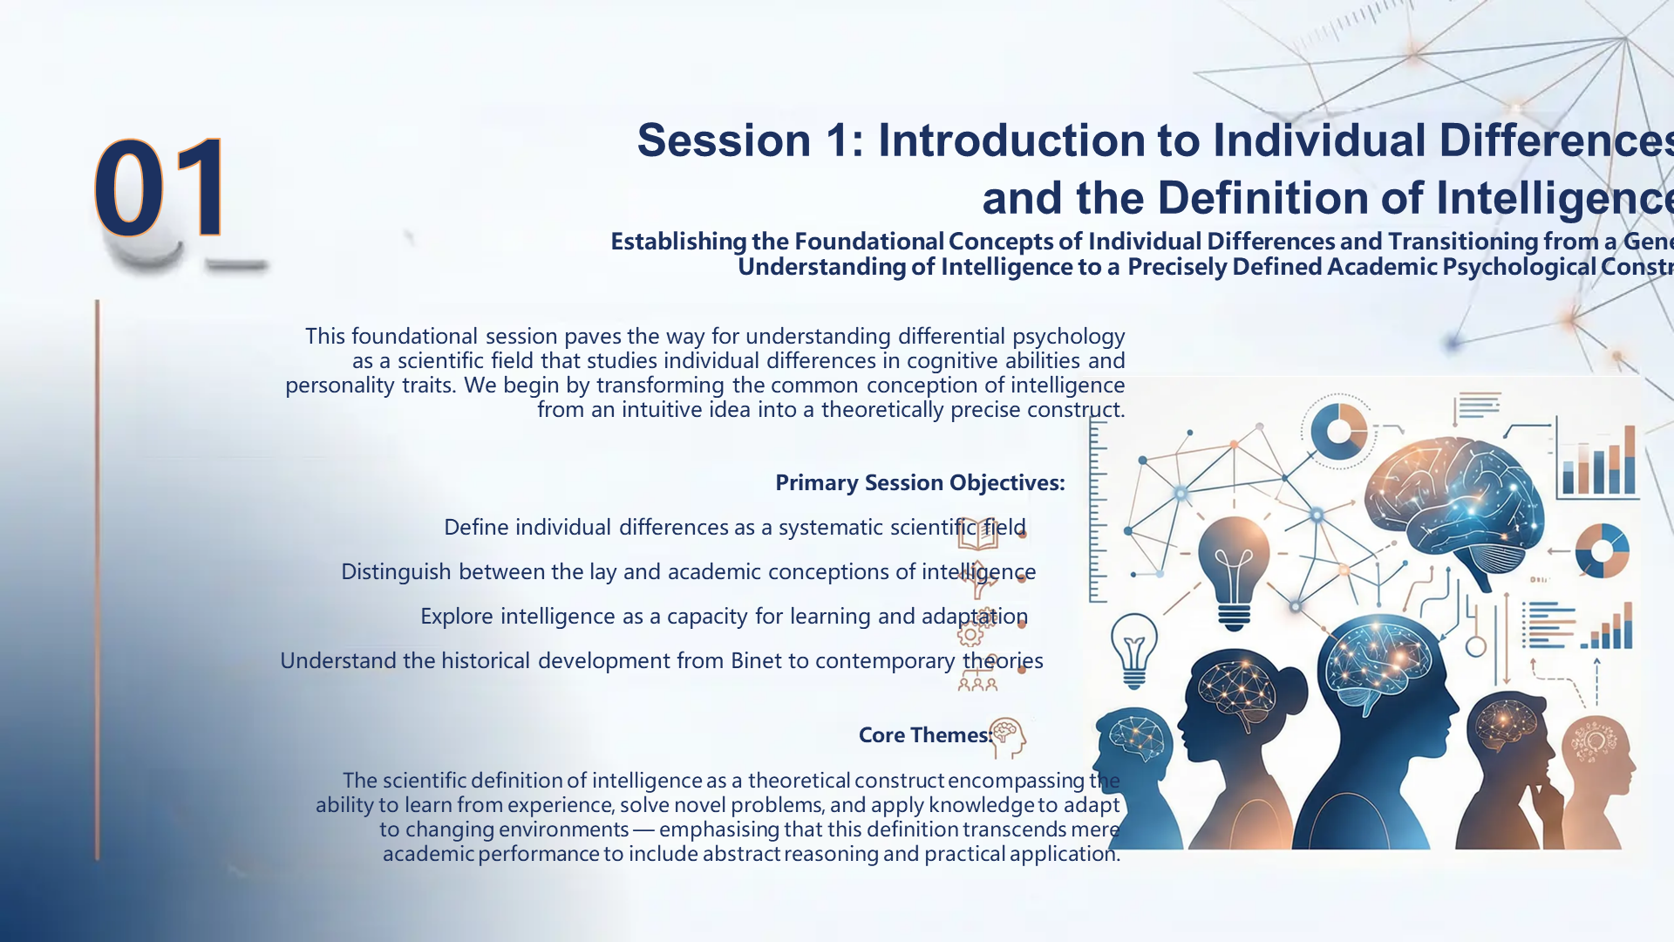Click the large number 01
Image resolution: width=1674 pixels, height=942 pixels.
click(160, 188)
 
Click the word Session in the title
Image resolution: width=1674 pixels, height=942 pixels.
click(723, 140)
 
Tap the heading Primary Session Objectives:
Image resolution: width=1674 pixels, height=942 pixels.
click(920, 482)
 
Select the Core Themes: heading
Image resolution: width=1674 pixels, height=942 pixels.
click(924, 735)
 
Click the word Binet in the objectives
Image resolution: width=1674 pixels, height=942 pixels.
click(756, 661)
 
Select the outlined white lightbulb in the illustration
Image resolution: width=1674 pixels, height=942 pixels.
click(1133, 651)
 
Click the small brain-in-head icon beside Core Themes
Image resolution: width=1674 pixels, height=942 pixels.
click(1008, 737)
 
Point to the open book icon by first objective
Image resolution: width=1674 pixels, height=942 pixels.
click(976, 532)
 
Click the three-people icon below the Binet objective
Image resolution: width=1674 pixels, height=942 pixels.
click(976, 684)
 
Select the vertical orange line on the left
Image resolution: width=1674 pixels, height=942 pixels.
click(97, 580)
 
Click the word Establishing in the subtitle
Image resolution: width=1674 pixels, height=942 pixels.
click(678, 242)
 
